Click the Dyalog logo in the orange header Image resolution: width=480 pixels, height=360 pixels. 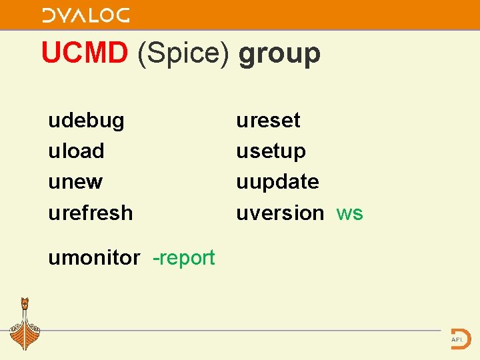click(x=86, y=15)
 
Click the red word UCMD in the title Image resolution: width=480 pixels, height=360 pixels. click(x=84, y=53)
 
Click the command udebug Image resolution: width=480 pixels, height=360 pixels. click(x=86, y=121)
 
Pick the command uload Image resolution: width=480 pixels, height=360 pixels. click(x=76, y=151)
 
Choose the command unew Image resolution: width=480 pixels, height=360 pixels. click(x=75, y=182)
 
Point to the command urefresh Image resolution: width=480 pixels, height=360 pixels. click(x=90, y=213)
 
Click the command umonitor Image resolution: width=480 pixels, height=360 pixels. click(x=94, y=257)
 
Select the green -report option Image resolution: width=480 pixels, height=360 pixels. click(x=184, y=257)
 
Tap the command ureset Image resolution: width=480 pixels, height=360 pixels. click(x=268, y=121)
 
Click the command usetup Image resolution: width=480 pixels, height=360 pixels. click(x=271, y=151)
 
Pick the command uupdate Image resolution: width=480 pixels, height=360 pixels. click(x=277, y=182)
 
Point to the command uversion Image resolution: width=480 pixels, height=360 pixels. click(x=280, y=213)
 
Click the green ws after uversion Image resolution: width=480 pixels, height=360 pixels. click(x=350, y=213)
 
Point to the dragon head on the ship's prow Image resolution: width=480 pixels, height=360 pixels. click(x=25, y=303)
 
